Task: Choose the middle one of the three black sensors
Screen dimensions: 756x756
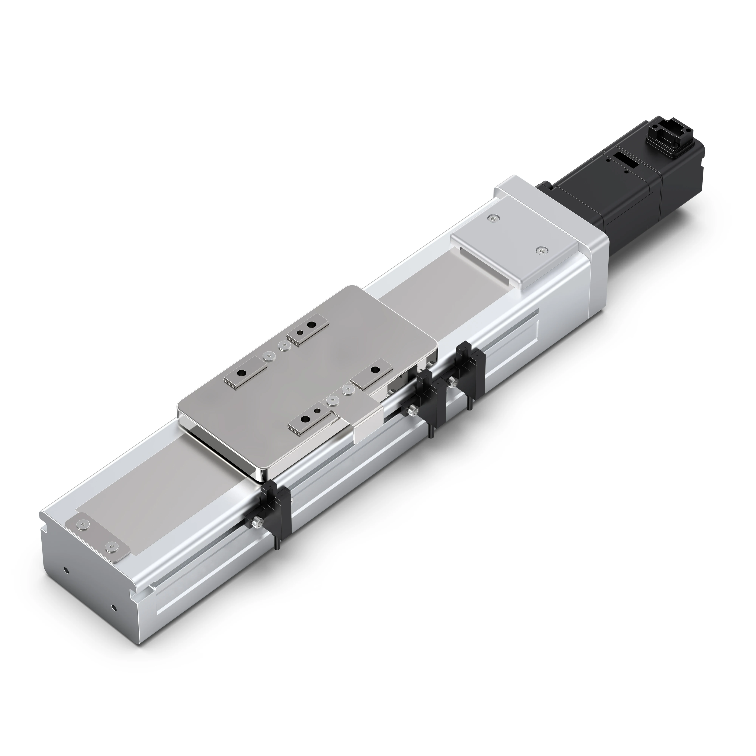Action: point(430,395)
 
